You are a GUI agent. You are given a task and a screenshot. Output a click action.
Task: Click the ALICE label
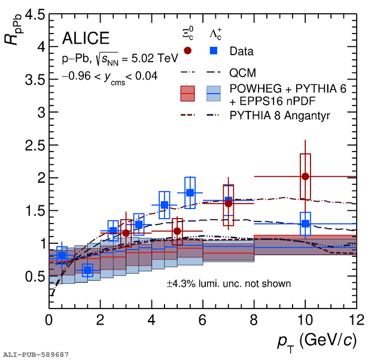(86, 39)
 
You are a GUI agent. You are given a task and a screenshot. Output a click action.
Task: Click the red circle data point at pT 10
(305, 176)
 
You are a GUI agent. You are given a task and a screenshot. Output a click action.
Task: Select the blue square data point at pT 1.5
(87, 270)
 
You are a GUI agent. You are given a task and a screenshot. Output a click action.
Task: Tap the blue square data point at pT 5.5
(190, 192)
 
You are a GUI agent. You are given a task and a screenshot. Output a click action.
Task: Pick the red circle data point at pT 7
(228, 203)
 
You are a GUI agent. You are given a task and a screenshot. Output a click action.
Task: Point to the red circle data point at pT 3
(126, 233)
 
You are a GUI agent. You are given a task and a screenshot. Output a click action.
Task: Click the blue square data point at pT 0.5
(62, 255)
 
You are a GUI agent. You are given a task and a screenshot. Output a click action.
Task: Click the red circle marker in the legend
(187, 51)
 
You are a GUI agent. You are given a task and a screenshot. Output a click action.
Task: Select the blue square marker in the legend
(214, 51)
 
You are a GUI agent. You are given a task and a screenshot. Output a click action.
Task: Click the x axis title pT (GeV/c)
(317, 341)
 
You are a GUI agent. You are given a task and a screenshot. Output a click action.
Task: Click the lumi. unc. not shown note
(229, 283)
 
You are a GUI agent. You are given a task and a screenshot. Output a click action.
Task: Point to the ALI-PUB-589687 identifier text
(35, 355)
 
